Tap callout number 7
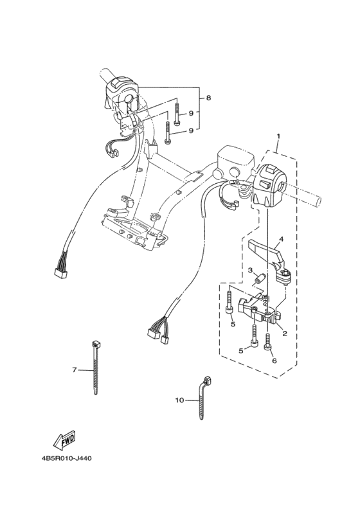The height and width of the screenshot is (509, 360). coord(75,370)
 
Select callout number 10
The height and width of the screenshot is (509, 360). coord(179,400)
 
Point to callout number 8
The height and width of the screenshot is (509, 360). coord(208,98)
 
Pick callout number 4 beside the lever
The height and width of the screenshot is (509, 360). coord(282,239)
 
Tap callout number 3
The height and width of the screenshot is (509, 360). coord(250,270)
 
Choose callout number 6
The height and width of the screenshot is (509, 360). coord(274,361)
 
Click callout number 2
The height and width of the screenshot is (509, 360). coord(285,334)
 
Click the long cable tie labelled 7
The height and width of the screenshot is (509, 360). coord(95,368)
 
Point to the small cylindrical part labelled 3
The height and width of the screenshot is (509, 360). coord(260,279)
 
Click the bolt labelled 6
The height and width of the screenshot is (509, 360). coord(268,341)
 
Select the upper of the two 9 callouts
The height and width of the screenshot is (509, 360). coord(191,113)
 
